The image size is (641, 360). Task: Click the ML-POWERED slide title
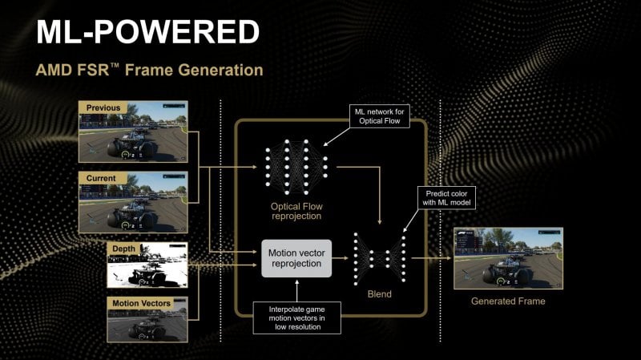click(x=147, y=32)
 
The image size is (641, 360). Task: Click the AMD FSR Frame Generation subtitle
click(x=149, y=71)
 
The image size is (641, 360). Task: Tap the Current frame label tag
click(x=101, y=178)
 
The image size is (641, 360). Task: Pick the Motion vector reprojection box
click(x=296, y=258)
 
